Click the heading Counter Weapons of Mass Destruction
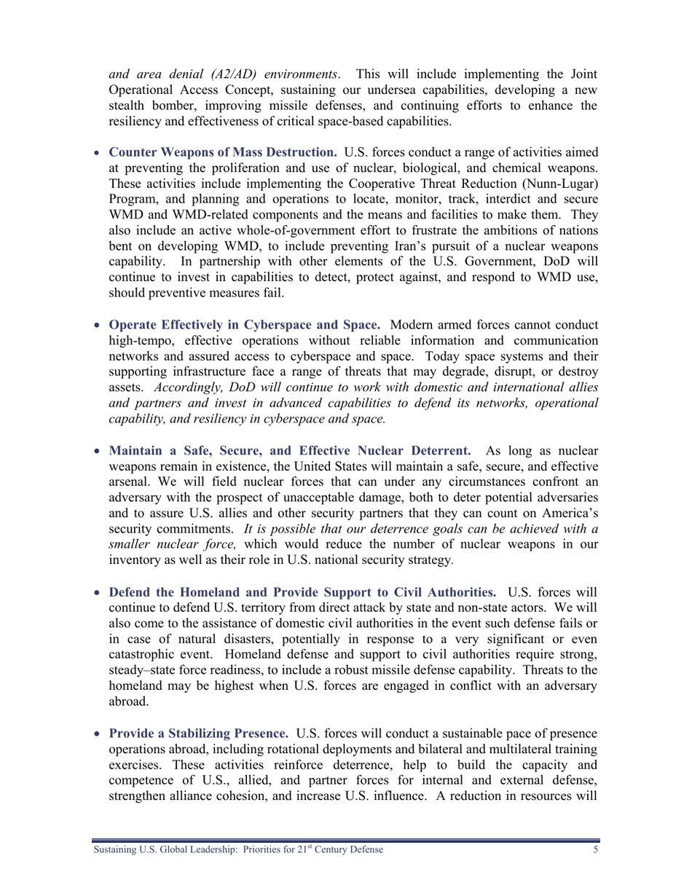click(222, 152)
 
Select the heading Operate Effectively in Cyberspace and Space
click(244, 325)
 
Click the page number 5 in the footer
click(595, 850)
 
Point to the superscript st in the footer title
click(310, 847)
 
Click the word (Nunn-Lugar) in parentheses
click(559, 184)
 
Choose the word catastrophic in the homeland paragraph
click(143, 655)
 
